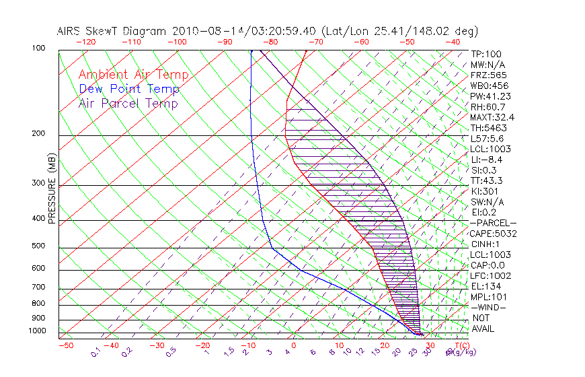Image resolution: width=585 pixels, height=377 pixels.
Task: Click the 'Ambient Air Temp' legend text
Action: [133, 75]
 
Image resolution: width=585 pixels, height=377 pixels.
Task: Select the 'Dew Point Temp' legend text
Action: [129, 89]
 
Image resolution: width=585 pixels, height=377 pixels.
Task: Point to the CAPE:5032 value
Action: [494, 234]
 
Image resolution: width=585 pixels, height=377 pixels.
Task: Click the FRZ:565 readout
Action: [489, 75]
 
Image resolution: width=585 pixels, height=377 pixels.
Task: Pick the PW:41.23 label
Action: [491, 96]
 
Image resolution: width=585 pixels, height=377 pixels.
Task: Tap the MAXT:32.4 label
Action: [493, 117]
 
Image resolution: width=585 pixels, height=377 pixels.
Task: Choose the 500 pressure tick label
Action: [39, 246]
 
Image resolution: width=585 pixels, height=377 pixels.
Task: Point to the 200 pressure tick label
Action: [39, 134]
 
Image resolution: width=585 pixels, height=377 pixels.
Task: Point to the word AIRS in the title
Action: [69, 31]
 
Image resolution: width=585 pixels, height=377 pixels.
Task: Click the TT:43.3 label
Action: [487, 180]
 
